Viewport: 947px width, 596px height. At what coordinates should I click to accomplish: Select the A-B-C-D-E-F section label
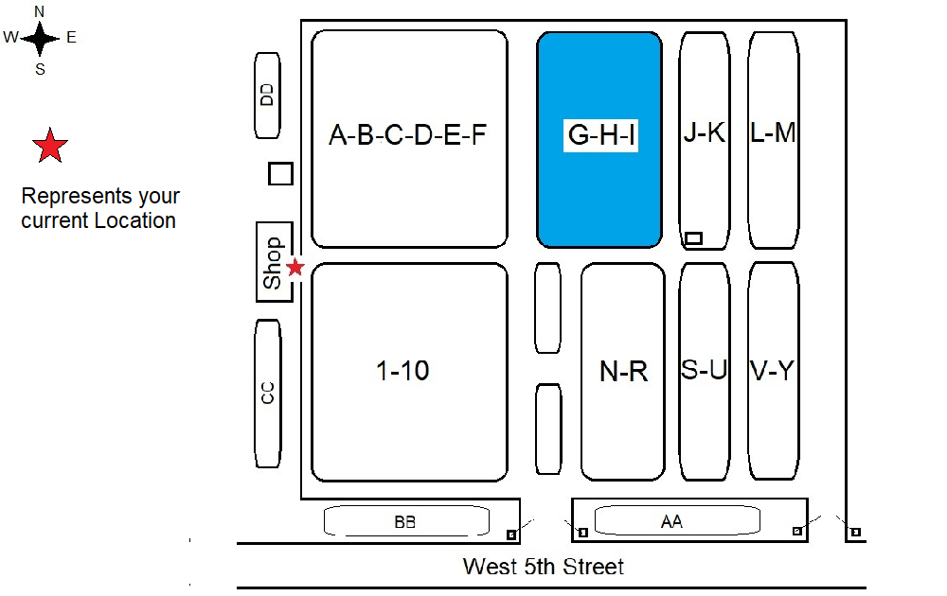(x=408, y=135)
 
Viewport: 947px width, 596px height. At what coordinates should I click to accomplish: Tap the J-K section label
(x=705, y=132)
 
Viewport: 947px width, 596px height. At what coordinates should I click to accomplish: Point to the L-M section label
(x=773, y=132)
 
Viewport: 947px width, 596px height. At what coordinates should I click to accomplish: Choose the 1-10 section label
(x=403, y=371)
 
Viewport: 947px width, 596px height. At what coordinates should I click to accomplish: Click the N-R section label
(x=624, y=372)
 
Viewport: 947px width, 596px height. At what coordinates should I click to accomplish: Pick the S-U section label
(x=705, y=370)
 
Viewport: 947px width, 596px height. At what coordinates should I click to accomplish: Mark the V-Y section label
(x=772, y=370)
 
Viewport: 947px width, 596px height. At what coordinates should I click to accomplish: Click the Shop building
(x=273, y=263)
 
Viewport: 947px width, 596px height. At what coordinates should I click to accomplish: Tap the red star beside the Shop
(x=295, y=268)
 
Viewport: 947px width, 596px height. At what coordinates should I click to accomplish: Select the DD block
(x=268, y=94)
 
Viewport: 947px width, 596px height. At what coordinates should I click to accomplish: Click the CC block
(x=268, y=393)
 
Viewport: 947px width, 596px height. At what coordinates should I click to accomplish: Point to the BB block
(x=406, y=521)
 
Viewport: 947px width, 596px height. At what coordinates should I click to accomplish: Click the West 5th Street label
(x=544, y=567)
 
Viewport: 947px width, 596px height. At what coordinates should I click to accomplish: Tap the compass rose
(x=41, y=39)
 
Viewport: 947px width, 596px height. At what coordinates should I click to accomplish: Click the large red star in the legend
(x=49, y=147)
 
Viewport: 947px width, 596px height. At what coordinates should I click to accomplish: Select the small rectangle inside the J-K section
(x=693, y=238)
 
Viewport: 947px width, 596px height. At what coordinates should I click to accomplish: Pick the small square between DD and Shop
(x=280, y=174)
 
